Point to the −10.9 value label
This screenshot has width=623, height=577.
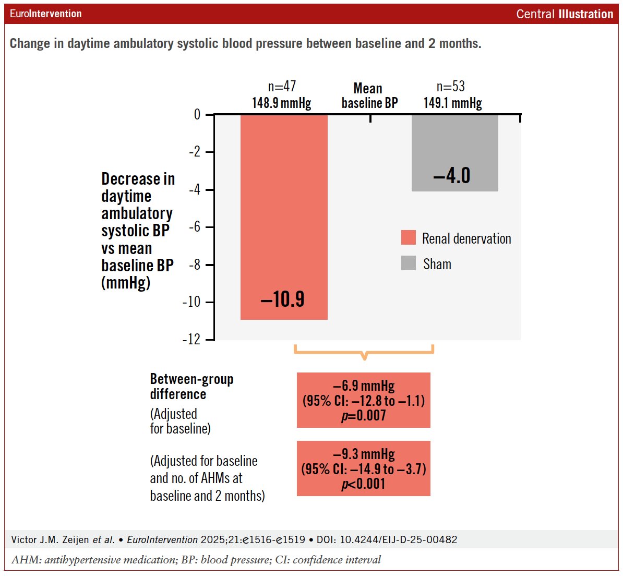pyautogui.click(x=282, y=299)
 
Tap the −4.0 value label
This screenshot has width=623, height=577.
pyautogui.click(x=452, y=176)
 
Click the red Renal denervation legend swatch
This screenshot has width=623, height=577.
pyautogui.click(x=409, y=238)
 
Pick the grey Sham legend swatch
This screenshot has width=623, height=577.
pyautogui.click(x=409, y=263)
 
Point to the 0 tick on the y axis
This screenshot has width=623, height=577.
pyautogui.click(x=197, y=114)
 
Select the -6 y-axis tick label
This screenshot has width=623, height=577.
pyautogui.click(x=194, y=227)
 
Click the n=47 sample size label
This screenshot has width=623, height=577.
pyautogui.click(x=282, y=87)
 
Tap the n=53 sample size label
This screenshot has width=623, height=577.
pyautogui.click(x=451, y=87)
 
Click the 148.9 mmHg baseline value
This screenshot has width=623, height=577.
pyautogui.click(x=282, y=103)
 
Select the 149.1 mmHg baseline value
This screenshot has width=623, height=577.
pyautogui.click(x=452, y=103)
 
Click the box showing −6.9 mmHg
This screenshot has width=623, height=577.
pyautogui.click(x=364, y=400)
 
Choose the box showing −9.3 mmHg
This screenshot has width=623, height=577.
pyautogui.click(x=364, y=468)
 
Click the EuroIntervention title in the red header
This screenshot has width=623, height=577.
pyautogui.click(x=46, y=14)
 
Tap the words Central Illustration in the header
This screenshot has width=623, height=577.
pyautogui.click(x=565, y=14)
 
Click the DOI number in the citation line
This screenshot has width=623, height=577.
pyautogui.click(x=399, y=539)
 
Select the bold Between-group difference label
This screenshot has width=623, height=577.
pyautogui.click(x=191, y=387)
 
